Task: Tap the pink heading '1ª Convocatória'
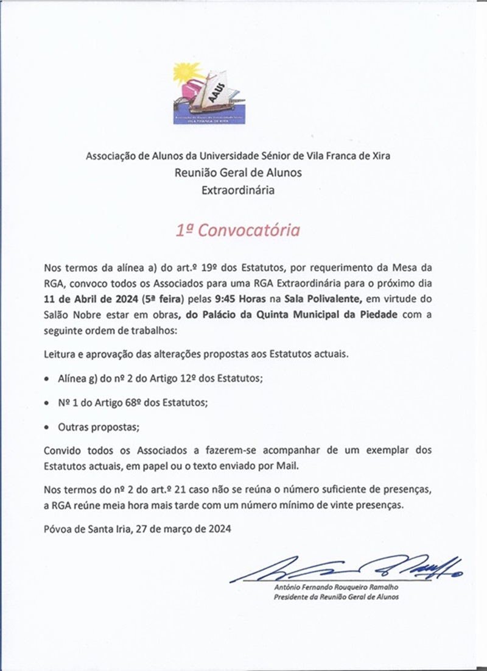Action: click(x=238, y=231)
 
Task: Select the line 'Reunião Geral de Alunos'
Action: click(x=238, y=172)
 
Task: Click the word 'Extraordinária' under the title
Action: click(x=238, y=190)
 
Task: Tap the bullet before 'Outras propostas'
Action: click(x=48, y=428)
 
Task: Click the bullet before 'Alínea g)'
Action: click(x=48, y=379)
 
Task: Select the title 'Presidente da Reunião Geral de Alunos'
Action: click(x=337, y=598)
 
